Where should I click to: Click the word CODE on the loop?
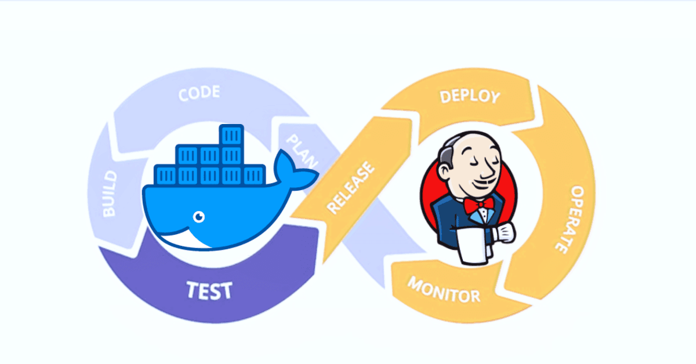(199, 93)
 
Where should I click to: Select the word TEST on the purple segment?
(209, 289)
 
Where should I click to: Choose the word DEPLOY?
(469, 96)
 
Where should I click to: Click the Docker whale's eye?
(199, 217)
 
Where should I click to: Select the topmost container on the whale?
(230, 136)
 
